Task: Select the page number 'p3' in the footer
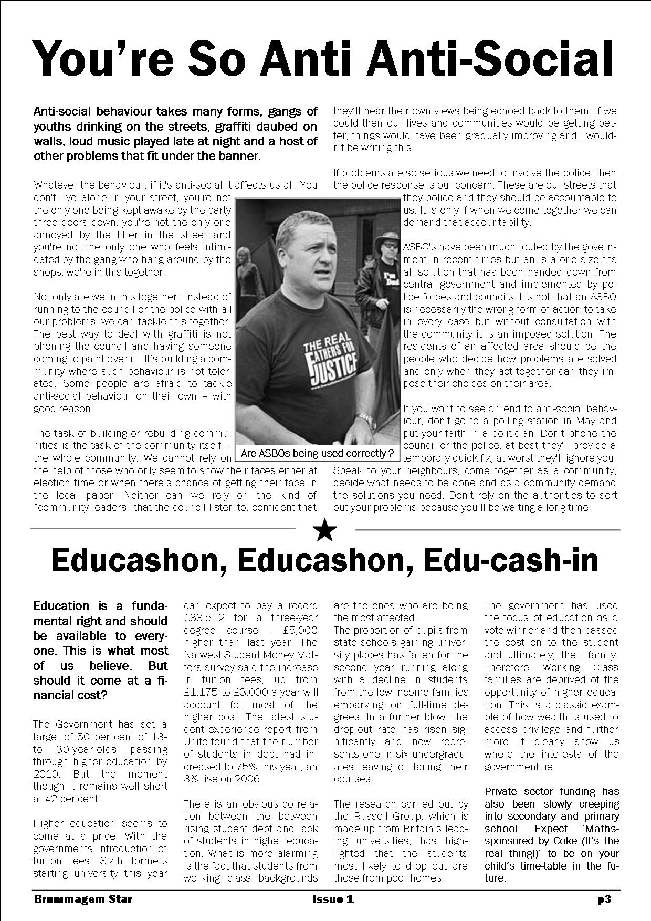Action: pyautogui.click(x=604, y=899)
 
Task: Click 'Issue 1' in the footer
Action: pyautogui.click(x=333, y=899)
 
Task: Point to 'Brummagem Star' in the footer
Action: pyautogui.click(x=83, y=899)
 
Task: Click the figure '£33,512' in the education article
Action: pyautogui.click(x=205, y=618)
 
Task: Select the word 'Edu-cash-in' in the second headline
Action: pyautogui.click(x=511, y=561)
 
